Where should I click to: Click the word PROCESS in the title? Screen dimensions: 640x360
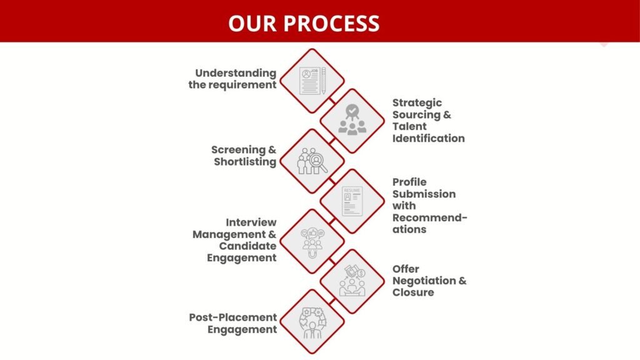(x=331, y=23)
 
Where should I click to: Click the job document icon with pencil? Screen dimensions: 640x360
(x=312, y=81)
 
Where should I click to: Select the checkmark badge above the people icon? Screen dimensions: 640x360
(x=352, y=111)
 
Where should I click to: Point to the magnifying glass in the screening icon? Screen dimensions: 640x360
(x=318, y=162)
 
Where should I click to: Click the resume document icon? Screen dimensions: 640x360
(x=352, y=201)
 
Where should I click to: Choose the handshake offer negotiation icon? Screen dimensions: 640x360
(x=352, y=281)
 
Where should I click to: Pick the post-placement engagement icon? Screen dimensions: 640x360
(x=312, y=322)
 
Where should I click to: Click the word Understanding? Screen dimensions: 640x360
(x=236, y=74)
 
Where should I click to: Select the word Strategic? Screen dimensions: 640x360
(x=417, y=103)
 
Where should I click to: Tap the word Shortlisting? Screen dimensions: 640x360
(x=245, y=162)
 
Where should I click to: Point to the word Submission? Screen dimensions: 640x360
(x=424, y=194)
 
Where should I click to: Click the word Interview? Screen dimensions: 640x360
(x=251, y=222)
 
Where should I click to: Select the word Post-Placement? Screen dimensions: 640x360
(x=233, y=317)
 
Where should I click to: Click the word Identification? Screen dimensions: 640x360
(x=429, y=138)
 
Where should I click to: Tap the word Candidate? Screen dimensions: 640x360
(x=247, y=246)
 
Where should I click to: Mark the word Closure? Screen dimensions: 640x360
(x=413, y=292)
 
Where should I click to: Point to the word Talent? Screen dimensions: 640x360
(x=409, y=126)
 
